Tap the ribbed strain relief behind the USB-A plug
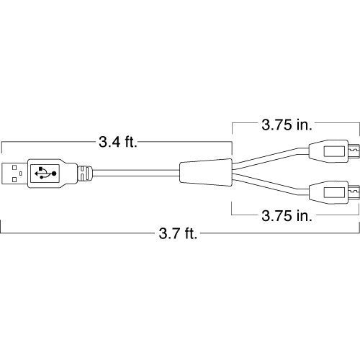pos(84,173)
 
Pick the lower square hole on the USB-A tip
pos(17,179)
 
